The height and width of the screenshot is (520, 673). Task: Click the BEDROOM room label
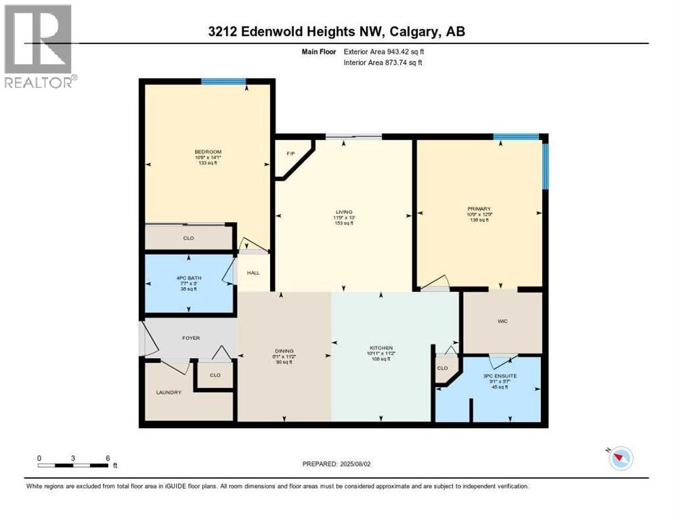(208, 152)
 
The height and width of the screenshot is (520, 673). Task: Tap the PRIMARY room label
(479, 209)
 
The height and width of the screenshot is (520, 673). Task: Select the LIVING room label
(344, 212)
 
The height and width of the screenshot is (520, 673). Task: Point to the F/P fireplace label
(290, 154)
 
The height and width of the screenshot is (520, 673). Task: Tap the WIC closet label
(502, 322)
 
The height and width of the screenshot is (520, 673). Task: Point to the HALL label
(253, 274)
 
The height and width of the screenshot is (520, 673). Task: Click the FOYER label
(190, 338)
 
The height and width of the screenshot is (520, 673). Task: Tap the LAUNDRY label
(169, 392)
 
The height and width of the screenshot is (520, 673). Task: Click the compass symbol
(620, 458)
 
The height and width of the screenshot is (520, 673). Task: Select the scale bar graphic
(73, 465)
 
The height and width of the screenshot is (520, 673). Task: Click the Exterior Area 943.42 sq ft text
(385, 51)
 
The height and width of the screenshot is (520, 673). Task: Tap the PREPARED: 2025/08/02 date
(336, 464)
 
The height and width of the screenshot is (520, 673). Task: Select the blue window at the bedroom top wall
(223, 82)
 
